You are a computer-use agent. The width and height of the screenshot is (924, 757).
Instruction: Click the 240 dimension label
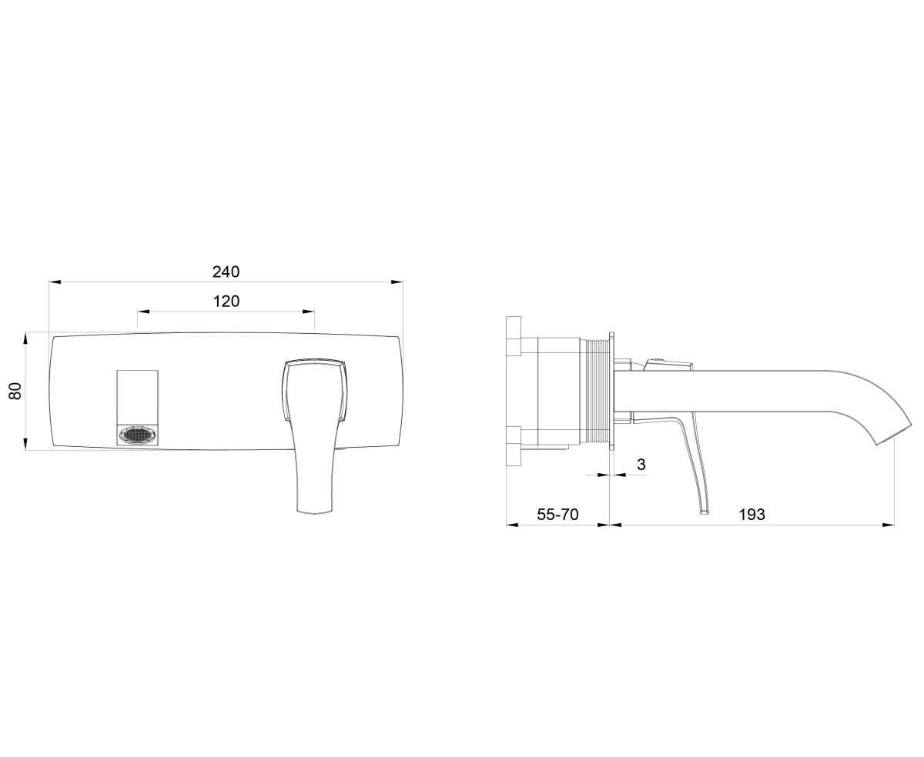coord(226,272)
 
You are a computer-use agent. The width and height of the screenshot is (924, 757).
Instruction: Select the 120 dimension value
coord(226,302)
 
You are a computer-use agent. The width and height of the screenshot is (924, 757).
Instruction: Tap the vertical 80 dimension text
coord(15,391)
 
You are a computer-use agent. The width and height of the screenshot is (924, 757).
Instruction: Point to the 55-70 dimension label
coord(557,515)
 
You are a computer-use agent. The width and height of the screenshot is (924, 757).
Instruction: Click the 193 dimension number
coord(752,515)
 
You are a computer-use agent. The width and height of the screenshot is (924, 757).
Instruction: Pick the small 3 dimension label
coord(641,465)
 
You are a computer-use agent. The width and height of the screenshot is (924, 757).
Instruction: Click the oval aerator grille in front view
coord(138,435)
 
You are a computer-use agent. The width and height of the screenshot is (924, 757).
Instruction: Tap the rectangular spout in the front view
coord(138,409)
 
